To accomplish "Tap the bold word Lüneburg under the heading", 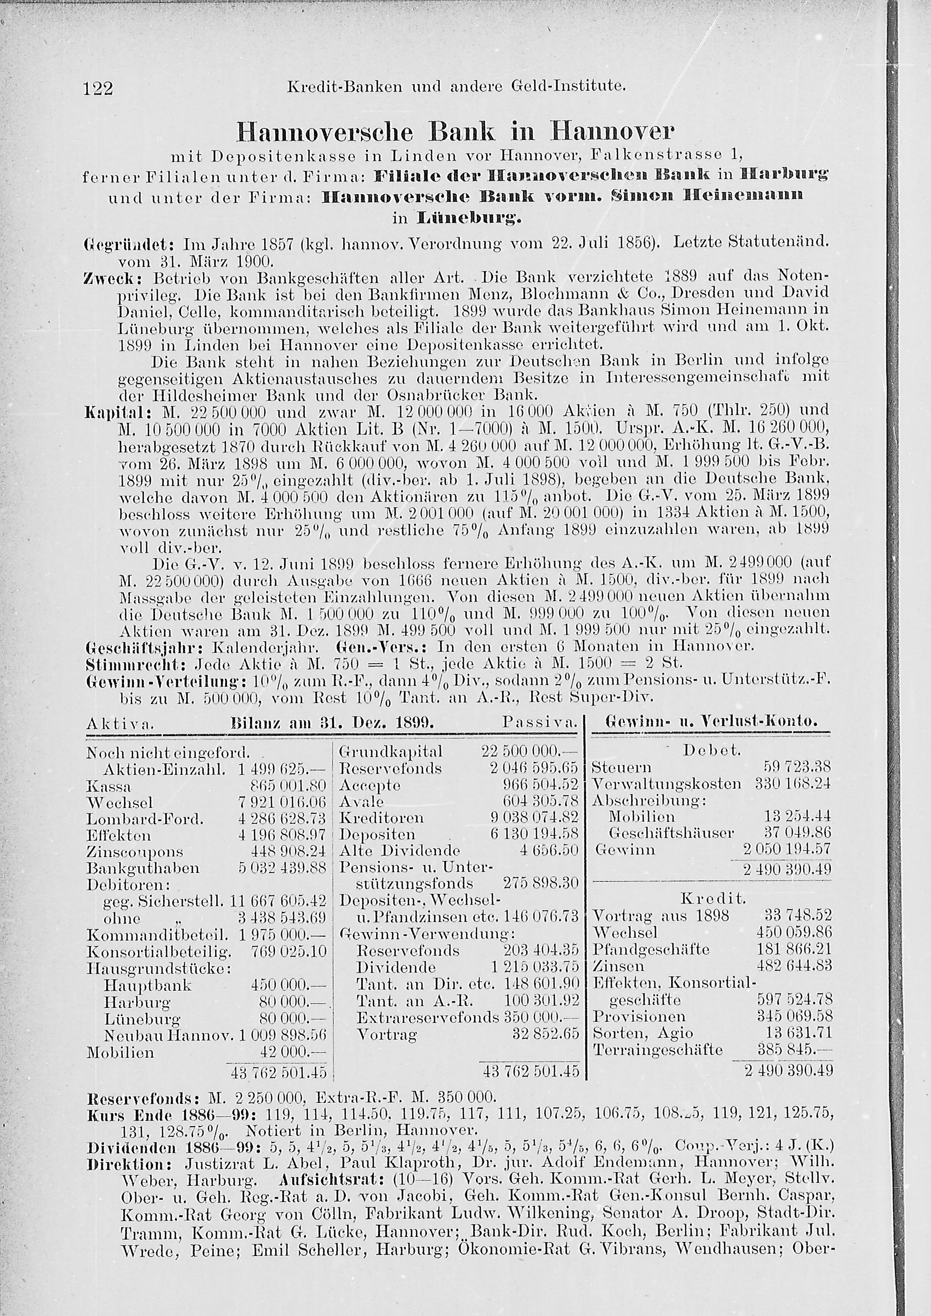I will (x=470, y=218).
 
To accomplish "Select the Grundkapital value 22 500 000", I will (x=528, y=752).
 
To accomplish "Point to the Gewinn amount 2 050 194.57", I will (x=788, y=849).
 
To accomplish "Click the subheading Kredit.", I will (x=713, y=898).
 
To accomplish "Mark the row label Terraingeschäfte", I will (x=658, y=1050).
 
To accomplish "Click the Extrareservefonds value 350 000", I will (x=540, y=1018).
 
